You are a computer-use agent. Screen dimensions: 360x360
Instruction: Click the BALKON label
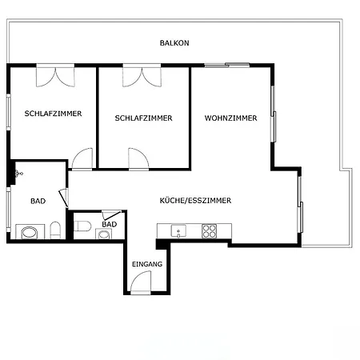pyautogui.click(x=174, y=43)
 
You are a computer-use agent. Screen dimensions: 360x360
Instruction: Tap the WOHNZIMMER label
pyautogui.click(x=231, y=118)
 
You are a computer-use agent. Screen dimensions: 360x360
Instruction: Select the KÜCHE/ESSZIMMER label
pyautogui.click(x=195, y=201)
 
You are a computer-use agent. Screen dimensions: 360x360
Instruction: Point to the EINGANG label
pyautogui.click(x=147, y=264)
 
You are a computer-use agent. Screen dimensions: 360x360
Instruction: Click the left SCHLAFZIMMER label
pyautogui.click(x=53, y=114)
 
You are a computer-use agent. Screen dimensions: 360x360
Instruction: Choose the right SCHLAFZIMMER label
pyautogui.click(x=143, y=118)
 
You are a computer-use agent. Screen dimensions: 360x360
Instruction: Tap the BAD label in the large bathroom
pyautogui.click(x=38, y=201)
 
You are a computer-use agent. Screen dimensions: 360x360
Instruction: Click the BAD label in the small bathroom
pyautogui.click(x=110, y=224)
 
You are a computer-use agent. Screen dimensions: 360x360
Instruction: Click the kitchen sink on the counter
pyautogui.click(x=178, y=230)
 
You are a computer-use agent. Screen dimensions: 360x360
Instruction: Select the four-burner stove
pyautogui.click(x=210, y=231)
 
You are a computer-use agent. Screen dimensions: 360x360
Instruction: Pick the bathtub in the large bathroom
pyautogui.click(x=30, y=232)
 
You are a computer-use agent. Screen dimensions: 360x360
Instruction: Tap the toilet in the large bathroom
pyautogui.click(x=55, y=230)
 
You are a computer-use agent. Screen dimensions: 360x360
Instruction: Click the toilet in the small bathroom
pyautogui.click(x=82, y=226)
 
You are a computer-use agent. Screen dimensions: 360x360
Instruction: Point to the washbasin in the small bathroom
pyautogui.click(x=103, y=234)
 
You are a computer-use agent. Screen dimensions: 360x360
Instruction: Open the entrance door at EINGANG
pyautogui.click(x=141, y=282)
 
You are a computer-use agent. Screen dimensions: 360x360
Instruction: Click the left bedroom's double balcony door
pyautogui.click(x=55, y=75)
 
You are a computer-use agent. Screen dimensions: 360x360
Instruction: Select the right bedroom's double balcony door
pyautogui.click(x=142, y=75)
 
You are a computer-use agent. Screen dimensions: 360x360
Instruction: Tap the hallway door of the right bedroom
pyautogui.click(x=138, y=159)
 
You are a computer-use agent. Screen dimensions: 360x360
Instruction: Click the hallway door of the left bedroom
pyautogui.click(x=82, y=159)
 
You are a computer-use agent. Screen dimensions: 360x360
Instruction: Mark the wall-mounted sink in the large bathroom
pyautogui.click(x=18, y=174)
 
